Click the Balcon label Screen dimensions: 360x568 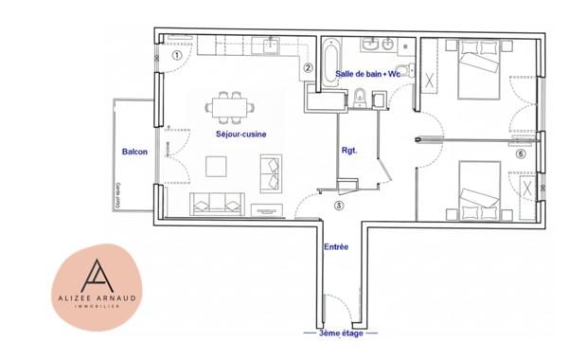133,152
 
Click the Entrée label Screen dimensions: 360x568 336,247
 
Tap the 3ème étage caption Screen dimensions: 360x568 339,333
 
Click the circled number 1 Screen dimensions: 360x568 177,55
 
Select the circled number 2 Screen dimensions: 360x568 308,67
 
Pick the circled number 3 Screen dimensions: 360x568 338,205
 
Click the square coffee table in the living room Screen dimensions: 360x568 219,167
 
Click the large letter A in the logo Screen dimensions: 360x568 99,278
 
